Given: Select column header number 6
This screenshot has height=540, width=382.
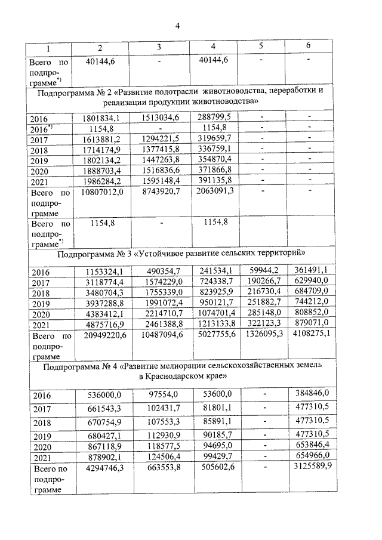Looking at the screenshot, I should (x=308, y=46).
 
